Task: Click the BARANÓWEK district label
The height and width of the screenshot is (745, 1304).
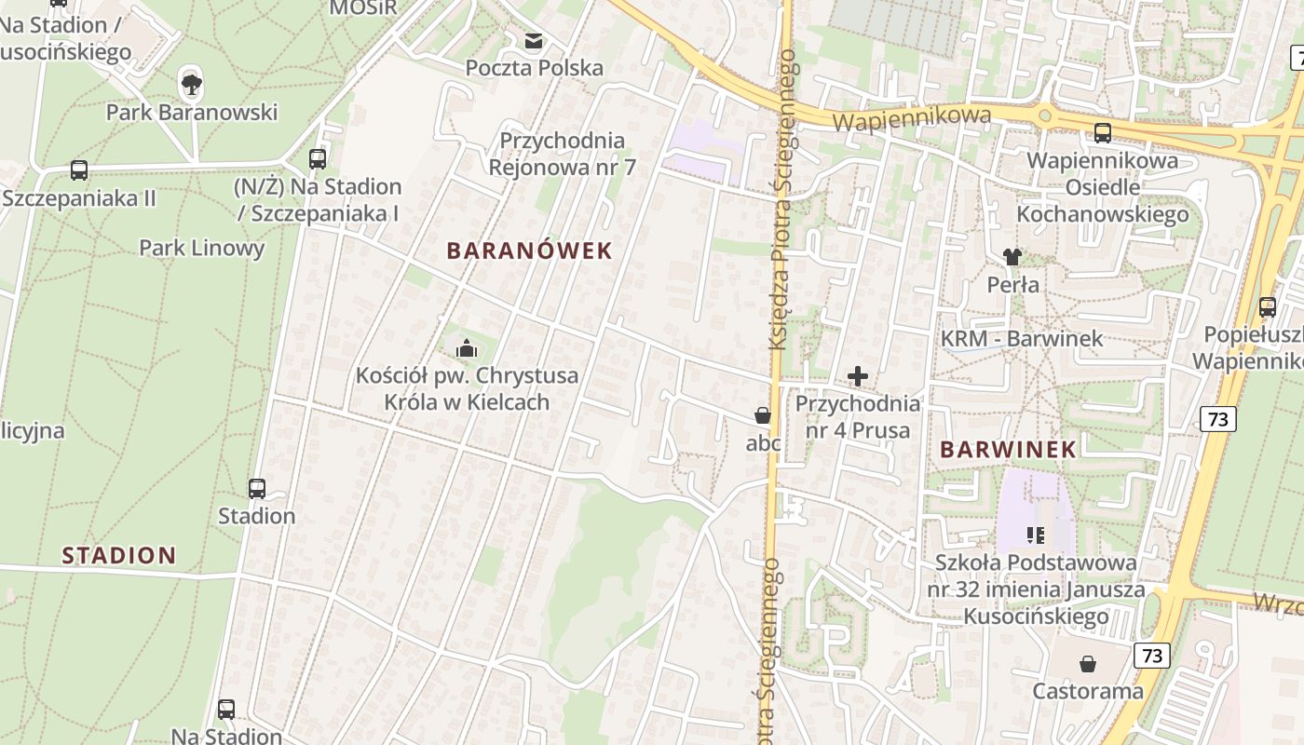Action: [x=529, y=251]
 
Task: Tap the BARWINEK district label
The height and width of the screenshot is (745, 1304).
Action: [x=1008, y=449]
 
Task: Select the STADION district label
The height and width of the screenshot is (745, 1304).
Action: [x=119, y=556]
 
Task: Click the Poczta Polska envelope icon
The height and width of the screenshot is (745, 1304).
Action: [x=534, y=41]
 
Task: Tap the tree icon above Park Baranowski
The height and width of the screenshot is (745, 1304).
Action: [x=192, y=85]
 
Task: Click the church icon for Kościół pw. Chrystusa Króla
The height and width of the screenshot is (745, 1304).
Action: [x=467, y=349]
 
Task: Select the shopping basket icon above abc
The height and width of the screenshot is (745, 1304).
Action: [x=763, y=415]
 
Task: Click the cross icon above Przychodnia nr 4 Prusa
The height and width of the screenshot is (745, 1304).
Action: [x=858, y=376]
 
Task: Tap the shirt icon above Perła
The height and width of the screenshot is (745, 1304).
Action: [x=1012, y=256]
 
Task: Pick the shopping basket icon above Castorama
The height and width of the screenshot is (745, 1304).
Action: [x=1087, y=664]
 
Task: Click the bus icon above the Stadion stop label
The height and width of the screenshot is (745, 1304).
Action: [x=257, y=488]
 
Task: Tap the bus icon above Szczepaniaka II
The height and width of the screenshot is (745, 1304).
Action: [x=79, y=170]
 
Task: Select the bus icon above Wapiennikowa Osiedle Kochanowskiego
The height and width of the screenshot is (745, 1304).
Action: [x=1103, y=132]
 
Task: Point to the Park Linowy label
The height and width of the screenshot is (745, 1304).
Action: [x=202, y=248]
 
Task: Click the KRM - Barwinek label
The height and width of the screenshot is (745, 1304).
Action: [x=1022, y=339]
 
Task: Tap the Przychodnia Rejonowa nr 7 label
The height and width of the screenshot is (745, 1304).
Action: [x=563, y=154]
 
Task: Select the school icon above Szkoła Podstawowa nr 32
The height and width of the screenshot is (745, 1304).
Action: [x=1035, y=535]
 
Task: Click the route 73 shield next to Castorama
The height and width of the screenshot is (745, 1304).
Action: [x=1152, y=656]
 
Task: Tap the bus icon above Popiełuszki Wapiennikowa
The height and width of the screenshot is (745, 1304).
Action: [x=1267, y=306]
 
